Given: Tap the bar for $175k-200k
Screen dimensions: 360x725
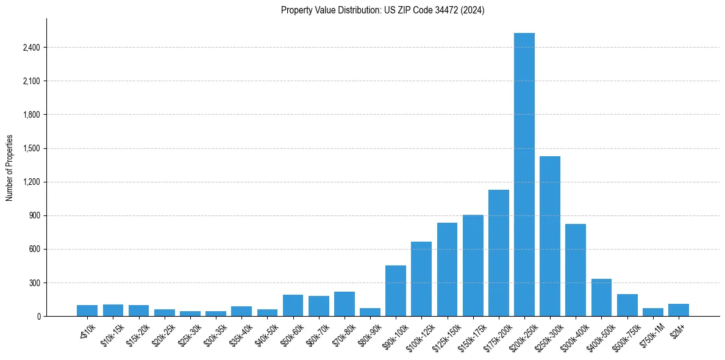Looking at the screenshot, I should tap(498, 253).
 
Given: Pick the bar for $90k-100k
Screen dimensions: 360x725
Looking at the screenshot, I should tap(396, 291).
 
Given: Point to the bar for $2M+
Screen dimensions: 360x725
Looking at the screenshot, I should tap(679, 310).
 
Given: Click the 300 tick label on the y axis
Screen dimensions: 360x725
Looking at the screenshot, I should tap(34, 283).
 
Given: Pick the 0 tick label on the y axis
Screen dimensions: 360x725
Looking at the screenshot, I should tap(38, 317).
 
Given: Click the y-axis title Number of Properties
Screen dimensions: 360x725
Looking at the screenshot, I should tap(10, 168).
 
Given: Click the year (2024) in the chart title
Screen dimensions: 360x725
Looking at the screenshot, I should tap(473, 10).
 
